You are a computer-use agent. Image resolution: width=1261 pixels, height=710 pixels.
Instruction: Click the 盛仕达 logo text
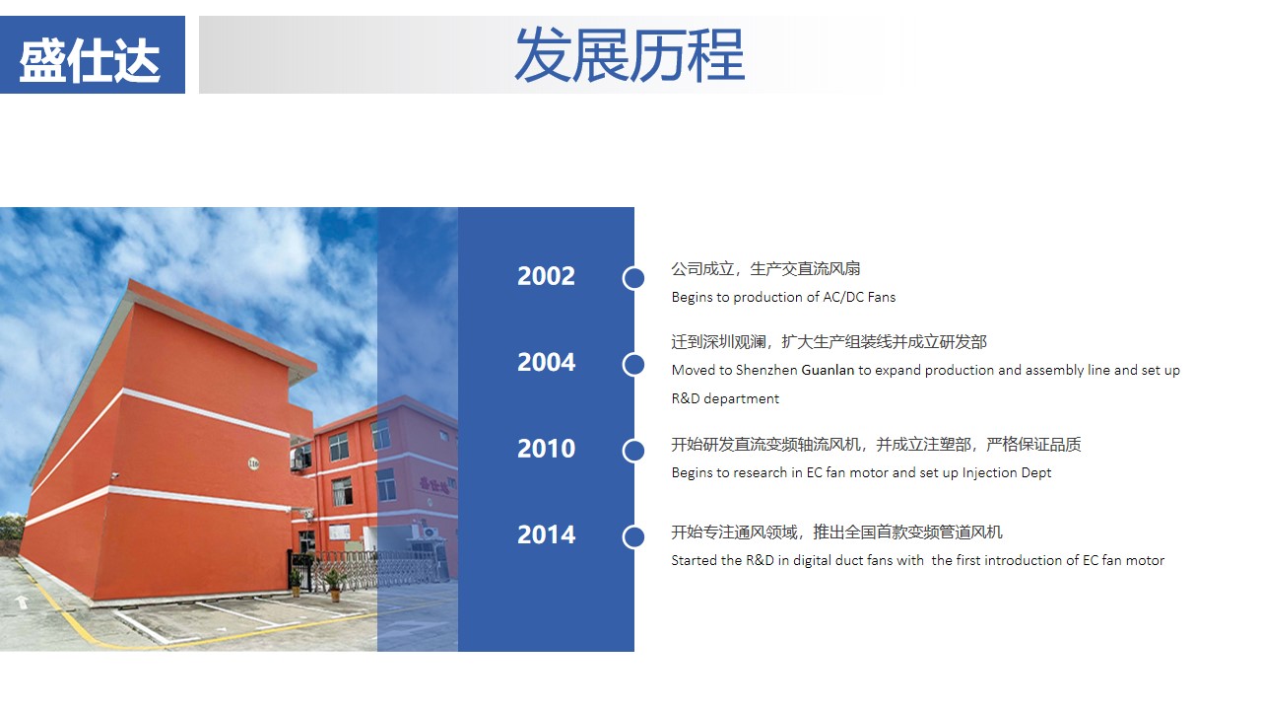point(90,60)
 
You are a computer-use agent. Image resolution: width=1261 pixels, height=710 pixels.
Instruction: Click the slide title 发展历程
point(630,54)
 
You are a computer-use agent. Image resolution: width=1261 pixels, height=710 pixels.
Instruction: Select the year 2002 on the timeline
point(546,276)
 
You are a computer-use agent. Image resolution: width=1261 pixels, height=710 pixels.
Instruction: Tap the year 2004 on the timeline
point(546,362)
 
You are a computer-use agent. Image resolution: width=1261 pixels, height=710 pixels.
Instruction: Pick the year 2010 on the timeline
point(546,449)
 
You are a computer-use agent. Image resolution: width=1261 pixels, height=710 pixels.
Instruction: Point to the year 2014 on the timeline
point(546,534)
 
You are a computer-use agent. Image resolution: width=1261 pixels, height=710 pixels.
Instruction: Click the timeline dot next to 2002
point(633,278)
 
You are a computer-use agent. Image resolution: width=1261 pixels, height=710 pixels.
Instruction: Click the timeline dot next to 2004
point(633,365)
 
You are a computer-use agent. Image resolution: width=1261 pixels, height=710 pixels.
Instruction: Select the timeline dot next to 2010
point(633,451)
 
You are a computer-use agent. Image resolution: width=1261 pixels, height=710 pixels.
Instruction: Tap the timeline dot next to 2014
point(633,537)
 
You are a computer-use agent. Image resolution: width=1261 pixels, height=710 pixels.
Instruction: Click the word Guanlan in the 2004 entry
point(828,370)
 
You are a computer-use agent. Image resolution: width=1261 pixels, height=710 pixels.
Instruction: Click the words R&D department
point(725,399)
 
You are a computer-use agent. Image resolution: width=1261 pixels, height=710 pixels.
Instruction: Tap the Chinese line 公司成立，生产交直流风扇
point(765,269)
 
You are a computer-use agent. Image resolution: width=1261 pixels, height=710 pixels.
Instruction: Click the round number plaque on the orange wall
point(254,463)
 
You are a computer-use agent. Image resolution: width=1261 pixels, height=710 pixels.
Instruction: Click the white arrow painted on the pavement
point(22,602)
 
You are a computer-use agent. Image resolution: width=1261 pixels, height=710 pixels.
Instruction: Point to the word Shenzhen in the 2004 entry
point(766,370)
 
